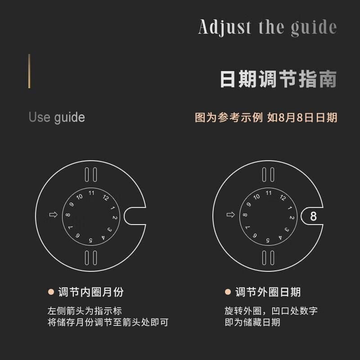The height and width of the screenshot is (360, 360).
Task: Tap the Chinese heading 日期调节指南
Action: (278, 79)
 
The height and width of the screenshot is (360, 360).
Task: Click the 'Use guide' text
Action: (57, 117)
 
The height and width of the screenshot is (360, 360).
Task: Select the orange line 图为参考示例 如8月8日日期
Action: (266, 117)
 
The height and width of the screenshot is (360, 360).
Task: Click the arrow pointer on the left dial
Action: (54, 215)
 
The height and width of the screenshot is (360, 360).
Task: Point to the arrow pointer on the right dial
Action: (231, 215)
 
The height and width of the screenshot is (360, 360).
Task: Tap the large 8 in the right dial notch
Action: (313, 216)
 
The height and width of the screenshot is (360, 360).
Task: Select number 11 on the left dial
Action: (91, 193)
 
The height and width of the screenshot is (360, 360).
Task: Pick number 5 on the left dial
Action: (91, 240)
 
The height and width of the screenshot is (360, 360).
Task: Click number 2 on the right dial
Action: (292, 217)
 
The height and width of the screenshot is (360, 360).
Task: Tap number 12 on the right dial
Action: (283, 198)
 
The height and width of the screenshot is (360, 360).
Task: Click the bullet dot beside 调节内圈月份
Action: (51, 292)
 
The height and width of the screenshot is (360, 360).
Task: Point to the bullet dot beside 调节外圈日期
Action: (228, 292)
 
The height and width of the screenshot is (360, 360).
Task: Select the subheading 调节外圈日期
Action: (268, 292)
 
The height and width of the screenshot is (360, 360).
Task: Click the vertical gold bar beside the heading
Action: (29, 71)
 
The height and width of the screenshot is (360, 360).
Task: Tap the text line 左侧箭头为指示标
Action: (85, 311)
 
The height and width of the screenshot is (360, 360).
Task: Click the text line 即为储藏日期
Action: (252, 322)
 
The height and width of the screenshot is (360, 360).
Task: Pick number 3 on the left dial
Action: (110, 229)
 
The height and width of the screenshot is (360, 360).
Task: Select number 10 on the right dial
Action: (256, 197)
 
